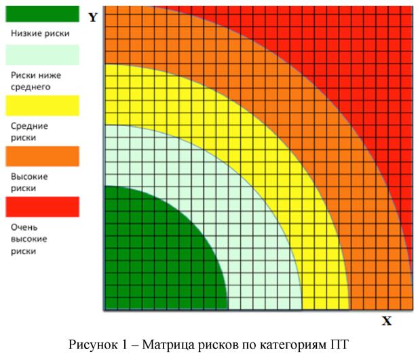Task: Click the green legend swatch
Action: [42, 14]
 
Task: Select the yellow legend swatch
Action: [42, 106]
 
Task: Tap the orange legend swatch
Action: [42, 156]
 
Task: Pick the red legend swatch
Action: [42, 206]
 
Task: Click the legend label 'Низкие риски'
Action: [39, 33]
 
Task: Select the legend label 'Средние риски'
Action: [28, 132]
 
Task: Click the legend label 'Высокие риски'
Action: [28, 182]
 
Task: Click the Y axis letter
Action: [93, 17]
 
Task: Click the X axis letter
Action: [387, 321]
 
